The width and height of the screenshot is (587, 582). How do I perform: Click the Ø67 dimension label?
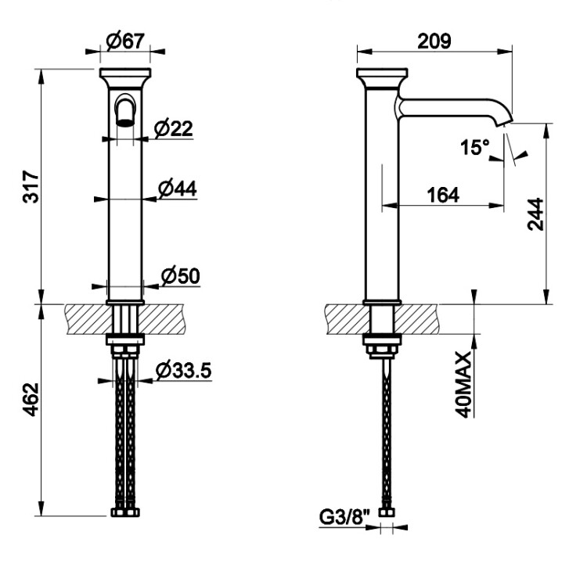[x=125, y=41]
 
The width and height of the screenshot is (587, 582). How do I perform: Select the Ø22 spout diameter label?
[x=173, y=128]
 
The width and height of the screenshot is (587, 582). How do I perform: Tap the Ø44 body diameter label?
[x=177, y=189]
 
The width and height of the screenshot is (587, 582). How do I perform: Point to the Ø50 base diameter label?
[x=181, y=276]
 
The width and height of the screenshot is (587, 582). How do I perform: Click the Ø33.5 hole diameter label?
[x=184, y=371]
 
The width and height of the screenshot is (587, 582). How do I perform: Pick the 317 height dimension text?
[x=31, y=187]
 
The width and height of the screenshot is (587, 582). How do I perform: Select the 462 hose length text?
[x=31, y=400]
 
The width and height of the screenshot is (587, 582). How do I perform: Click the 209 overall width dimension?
[x=434, y=41]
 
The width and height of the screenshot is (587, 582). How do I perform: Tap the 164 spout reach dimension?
[x=443, y=196]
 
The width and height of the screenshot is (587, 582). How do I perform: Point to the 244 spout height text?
[x=535, y=214]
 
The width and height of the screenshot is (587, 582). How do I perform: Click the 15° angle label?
[x=475, y=147]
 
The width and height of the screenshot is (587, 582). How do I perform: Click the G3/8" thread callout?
[x=344, y=518]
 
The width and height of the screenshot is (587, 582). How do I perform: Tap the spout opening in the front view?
[x=125, y=122]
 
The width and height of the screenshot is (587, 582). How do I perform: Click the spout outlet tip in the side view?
[x=504, y=122]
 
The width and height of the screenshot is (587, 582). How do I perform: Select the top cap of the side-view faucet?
[x=382, y=77]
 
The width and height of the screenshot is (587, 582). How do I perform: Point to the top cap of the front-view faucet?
[x=125, y=77]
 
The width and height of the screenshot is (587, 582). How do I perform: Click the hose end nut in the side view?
[x=387, y=512]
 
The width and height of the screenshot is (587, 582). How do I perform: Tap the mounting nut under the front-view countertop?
[x=125, y=350]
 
